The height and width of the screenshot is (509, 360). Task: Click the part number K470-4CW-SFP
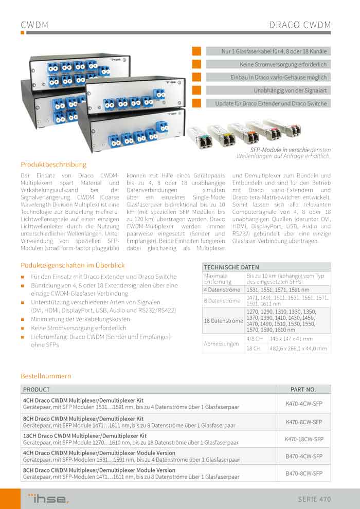(x=303, y=404)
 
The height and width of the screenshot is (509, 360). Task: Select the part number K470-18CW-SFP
(x=303, y=439)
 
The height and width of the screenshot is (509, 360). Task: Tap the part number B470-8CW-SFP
(x=303, y=473)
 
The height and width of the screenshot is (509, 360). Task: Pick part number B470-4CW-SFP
(x=303, y=456)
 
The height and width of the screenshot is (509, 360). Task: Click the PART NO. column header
(x=303, y=390)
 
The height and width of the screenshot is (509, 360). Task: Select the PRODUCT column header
(x=37, y=390)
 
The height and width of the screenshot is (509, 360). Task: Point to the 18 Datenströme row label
(x=223, y=321)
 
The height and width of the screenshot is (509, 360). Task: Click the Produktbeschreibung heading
(x=53, y=165)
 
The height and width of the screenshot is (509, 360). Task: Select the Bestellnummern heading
(x=46, y=376)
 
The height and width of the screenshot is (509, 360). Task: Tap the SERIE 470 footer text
(x=314, y=499)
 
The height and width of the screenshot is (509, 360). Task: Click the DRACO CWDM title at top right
(x=300, y=25)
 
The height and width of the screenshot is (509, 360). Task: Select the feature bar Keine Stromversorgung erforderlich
(x=268, y=64)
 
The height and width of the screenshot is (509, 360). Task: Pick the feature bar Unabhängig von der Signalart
(x=268, y=90)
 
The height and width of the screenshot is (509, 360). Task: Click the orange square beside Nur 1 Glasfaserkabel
(x=196, y=51)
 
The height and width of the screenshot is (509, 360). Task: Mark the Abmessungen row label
(x=220, y=343)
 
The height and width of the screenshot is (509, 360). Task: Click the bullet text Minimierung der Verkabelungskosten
(x=80, y=319)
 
